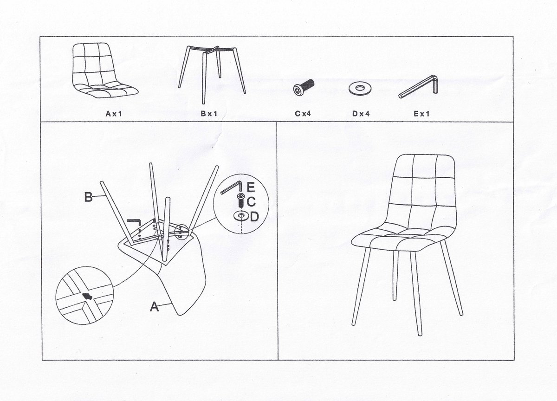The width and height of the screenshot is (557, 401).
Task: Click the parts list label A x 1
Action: [114, 114]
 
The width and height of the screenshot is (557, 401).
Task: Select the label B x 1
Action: [209, 114]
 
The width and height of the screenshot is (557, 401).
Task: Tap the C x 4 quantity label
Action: [303, 114]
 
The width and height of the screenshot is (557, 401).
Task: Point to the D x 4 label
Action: [361, 114]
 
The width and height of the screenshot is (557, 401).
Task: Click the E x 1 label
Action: [421, 114]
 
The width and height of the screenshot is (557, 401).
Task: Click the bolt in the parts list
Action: [304, 86]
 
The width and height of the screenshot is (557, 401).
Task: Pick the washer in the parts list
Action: [360, 88]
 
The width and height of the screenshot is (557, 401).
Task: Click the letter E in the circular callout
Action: [251, 187]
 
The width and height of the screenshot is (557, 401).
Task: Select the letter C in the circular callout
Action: [251, 201]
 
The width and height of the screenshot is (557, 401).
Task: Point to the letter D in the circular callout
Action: [254, 217]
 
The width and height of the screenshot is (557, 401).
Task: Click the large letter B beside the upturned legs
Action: [88, 197]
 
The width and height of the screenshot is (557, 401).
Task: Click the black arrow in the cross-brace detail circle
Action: [87, 296]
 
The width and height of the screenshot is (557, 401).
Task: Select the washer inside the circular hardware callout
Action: [241, 216]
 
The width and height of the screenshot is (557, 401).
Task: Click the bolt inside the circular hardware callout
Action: [240, 201]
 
